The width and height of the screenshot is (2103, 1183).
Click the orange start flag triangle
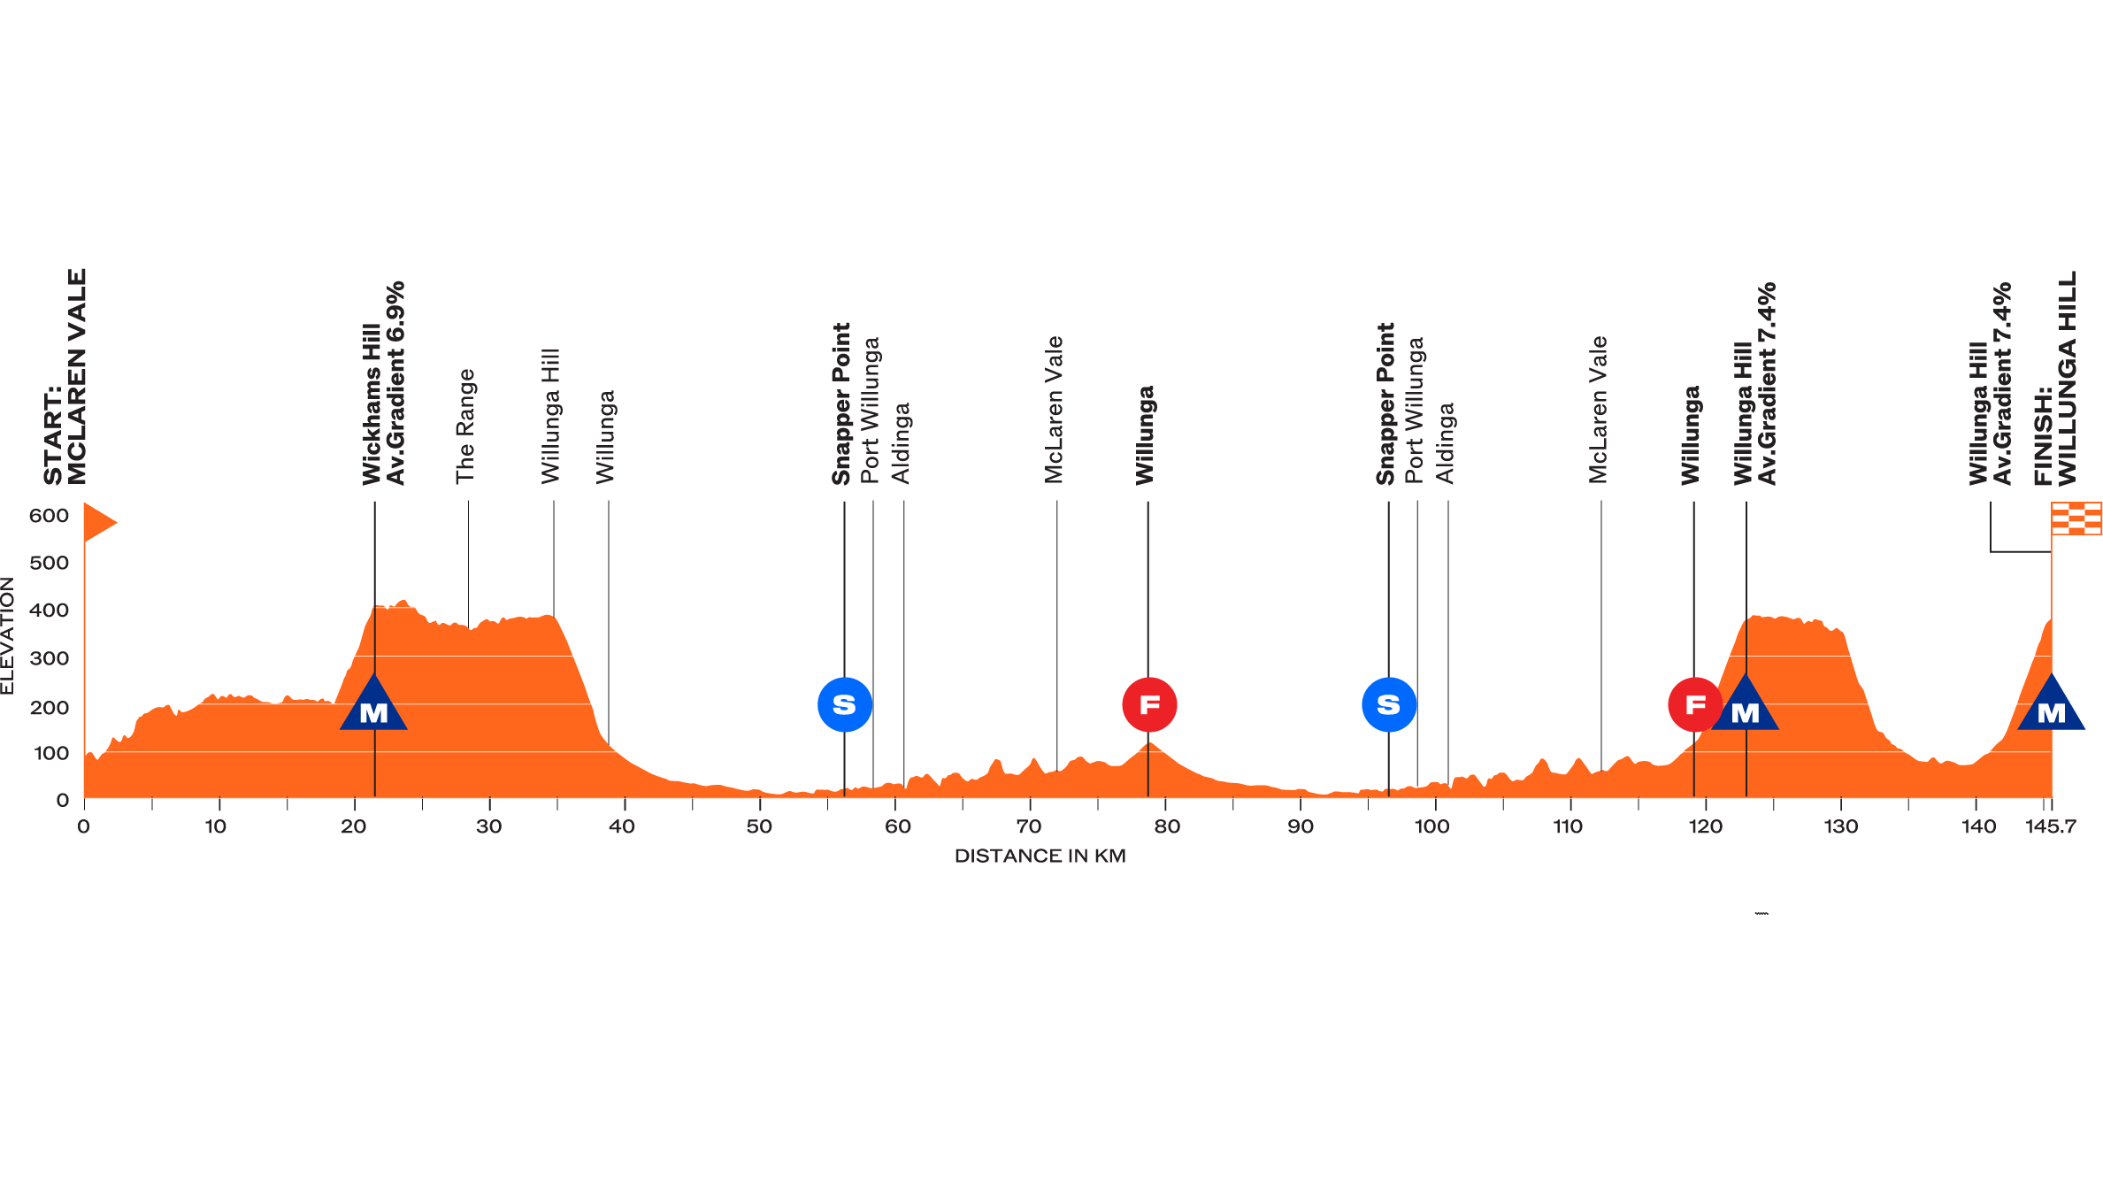[x=98, y=522]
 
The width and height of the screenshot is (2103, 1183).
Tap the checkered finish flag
[x=2076, y=519]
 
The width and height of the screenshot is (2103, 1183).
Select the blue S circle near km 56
[x=845, y=705]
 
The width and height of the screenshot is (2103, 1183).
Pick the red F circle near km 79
[x=1149, y=705]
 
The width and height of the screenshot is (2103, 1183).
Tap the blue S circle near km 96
[x=1389, y=705]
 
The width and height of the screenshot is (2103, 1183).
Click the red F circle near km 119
[x=1694, y=705]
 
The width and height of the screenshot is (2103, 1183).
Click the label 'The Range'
[x=465, y=426]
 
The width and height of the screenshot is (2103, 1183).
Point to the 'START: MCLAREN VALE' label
[x=66, y=378]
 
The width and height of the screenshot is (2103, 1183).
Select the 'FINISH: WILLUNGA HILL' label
[x=2055, y=380]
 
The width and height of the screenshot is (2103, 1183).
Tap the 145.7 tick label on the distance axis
[x=2050, y=827]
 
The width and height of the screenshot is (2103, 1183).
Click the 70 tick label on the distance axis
[x=1028, y=827]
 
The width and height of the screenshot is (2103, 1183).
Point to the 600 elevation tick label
[x=49, y=516]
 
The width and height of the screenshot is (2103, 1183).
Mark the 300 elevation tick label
[x=49, y=658]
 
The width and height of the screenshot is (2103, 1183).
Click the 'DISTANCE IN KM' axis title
[x=1040, y=857]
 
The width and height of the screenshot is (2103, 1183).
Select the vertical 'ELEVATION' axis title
[x=8, y=635]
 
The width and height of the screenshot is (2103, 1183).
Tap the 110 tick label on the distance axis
[x=1568, y=827]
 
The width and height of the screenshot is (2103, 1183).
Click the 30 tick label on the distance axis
[x=488, y=827]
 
